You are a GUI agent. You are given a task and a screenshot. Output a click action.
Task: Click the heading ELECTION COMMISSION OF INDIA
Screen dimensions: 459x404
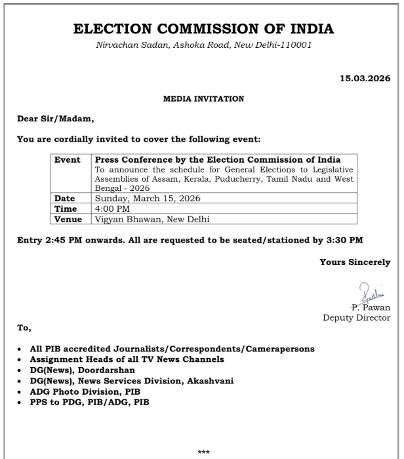203,29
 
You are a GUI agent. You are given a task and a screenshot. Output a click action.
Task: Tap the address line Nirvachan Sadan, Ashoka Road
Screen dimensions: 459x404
203,45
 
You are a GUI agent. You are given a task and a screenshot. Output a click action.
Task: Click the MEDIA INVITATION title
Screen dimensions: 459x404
203,99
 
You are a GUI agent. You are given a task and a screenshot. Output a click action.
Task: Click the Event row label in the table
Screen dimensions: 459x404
67,159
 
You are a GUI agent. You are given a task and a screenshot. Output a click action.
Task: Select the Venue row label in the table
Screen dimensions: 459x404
68,218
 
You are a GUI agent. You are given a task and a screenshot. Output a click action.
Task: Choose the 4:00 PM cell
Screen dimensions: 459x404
113,208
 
